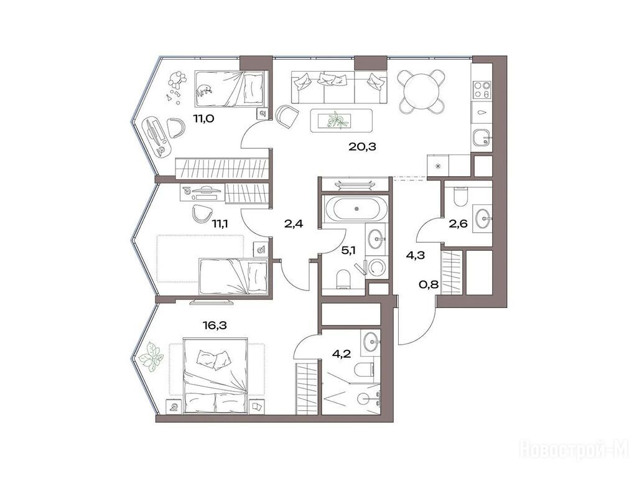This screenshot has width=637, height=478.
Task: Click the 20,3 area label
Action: (x=362, y=147)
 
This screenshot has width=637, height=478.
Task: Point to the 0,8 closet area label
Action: (x=429, y=284)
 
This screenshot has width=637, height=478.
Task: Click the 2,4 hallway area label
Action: (x=294, y=223)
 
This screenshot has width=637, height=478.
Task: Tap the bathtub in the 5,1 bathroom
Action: (x=356, y=209)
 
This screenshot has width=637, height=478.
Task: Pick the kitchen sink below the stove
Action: (x=482, y=139)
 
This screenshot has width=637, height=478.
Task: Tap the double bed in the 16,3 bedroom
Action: (x=215, y=375)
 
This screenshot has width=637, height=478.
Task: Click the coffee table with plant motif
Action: (x=341, y=121)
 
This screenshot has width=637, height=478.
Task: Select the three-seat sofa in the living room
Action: (x=339, y=87)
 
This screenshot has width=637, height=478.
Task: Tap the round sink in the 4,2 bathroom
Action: (x=371, y=342)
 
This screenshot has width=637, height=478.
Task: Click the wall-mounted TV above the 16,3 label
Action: (x=212, y=302)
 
